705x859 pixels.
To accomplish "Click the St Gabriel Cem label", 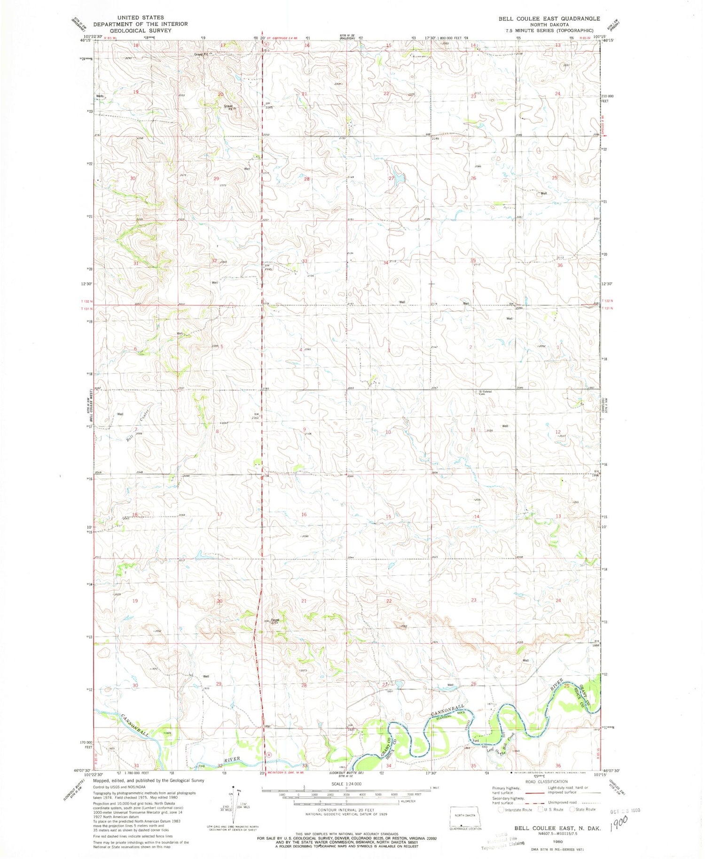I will [x=485, y=392].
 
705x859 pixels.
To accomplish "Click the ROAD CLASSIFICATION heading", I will [x=546, y=781].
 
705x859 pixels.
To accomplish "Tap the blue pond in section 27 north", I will [x=399, y=179].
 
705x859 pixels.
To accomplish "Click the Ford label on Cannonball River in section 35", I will [x=476, y=741].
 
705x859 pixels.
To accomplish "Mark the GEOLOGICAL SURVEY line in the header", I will [x=141, y=30].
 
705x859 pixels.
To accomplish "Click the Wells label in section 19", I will [x=100, y=96].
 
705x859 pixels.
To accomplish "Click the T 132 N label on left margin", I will [x=87, y=301].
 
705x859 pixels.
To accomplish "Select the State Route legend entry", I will [x=583, y=809].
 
